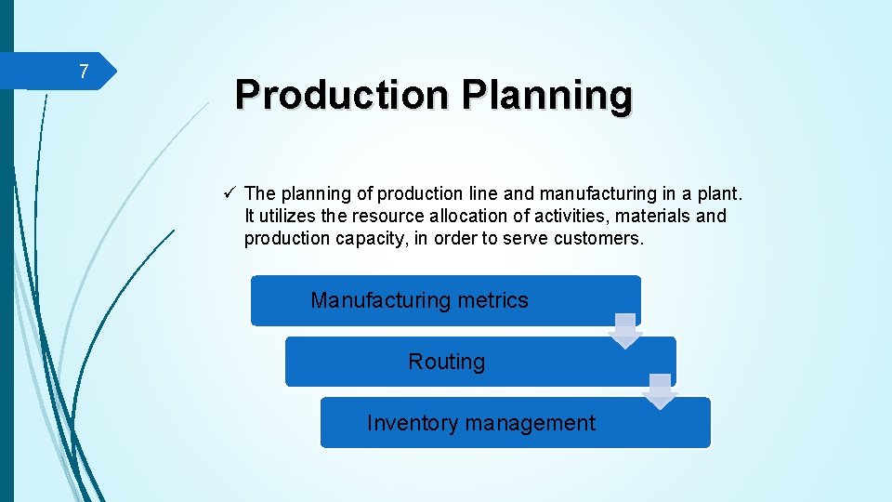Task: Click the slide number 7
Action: tap(84, 72)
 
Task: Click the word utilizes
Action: tap(285, 216)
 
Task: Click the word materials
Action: tap(650, 216)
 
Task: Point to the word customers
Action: tap(597, 238)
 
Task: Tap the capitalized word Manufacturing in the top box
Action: tap(381, 300)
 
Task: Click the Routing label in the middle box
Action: tap(446, 362)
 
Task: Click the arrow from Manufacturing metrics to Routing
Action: tap(625, 331)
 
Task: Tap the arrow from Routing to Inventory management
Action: tap(661, 391)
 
